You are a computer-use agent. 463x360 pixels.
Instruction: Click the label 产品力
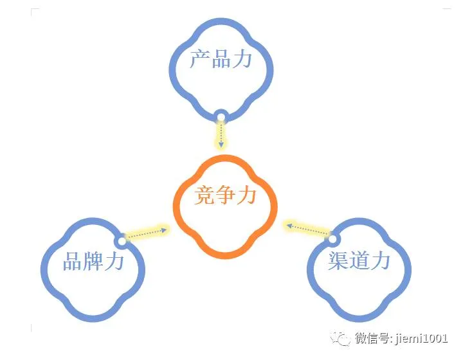click(221, 60)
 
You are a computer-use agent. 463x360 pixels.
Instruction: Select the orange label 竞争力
click(226, 195)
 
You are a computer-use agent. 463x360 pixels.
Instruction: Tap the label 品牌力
click(94, 261)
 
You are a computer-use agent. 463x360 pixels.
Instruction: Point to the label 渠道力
click(359, 260)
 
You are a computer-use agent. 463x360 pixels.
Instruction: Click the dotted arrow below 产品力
click(221, 135)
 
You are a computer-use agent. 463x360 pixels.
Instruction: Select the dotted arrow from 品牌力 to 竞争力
click(146, 233)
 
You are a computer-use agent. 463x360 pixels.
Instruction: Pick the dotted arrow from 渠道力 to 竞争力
click(307, 230)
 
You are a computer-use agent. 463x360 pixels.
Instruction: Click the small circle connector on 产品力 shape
click(221, 117)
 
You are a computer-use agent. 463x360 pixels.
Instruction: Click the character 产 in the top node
click(200, 60)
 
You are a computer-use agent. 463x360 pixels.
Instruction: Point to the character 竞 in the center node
click(205, 195)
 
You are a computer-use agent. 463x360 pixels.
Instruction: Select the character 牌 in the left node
click(94, 261)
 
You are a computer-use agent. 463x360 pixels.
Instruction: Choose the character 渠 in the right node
click(338, 260)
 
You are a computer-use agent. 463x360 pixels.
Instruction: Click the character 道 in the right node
click(359, 260)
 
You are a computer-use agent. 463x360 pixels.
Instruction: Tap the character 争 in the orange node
click(226, 195)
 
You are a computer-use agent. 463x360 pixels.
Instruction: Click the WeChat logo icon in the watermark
click(341, 337)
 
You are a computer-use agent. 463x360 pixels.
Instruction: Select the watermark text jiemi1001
click(424, 338)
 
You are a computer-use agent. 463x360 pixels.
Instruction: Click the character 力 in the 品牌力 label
click(114, 261)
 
